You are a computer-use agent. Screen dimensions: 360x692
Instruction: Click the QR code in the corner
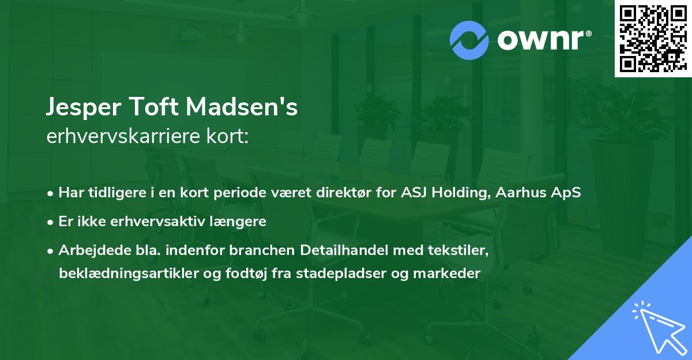point(653,38)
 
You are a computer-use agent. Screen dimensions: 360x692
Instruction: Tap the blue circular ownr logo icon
point(469,40)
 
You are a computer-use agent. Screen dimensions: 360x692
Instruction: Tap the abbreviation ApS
point(570,193)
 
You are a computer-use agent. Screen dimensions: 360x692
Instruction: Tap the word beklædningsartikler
point(113,273)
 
